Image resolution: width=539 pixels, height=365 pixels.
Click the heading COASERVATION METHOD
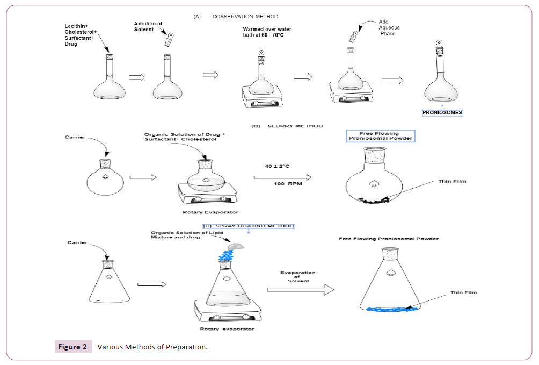pos(245,17)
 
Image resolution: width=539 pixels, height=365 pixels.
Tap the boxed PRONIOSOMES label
pos(442,113)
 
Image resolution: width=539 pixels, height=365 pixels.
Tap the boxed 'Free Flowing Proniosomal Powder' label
pos(380,135)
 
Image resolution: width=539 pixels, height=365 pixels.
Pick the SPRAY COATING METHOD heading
pos(249,226)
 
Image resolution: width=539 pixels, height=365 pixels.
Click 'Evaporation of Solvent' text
pos(298,276)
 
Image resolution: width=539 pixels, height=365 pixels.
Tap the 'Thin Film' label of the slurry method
pos(452,181)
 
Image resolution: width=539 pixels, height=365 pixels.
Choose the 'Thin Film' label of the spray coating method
pos(464,292)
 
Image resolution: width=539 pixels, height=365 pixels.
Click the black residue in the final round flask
pos(372,201)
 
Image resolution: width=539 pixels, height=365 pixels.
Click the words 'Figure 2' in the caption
pos(72,347)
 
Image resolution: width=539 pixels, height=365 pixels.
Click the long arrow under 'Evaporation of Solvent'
pos(301,290)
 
